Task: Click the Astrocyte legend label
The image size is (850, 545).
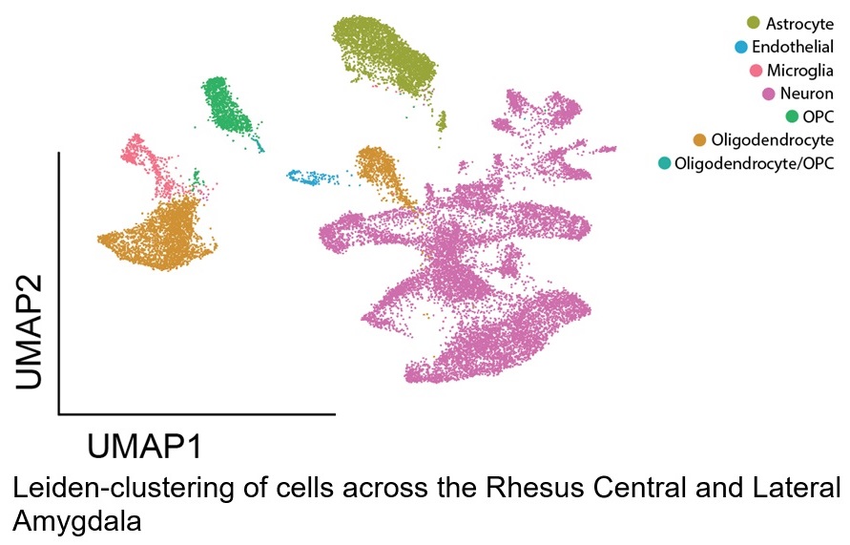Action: [x=799, y=24]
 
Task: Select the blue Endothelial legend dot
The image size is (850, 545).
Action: [x=741, y=47]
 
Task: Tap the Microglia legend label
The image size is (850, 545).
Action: [x=799, y=71]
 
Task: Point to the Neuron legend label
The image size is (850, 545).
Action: [x=807, y=94]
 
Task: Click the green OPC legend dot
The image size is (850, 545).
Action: [x=792, y=116]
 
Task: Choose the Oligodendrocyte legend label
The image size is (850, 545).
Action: [x=773, y=140]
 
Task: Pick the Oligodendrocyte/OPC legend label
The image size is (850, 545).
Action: [x=754, y=163]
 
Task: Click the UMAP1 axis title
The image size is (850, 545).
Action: [x=144, y=447]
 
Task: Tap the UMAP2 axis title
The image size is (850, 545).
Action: [x=29, y=332]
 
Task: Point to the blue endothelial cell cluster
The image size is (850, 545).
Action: [x=311, y=178]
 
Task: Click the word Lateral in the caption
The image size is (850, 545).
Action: [x=796, y=488]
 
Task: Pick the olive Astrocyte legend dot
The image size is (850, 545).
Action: [x=754, y=23]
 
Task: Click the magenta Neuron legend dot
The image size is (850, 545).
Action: [x=769, y=94]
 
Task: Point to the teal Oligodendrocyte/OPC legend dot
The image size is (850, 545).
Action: [x=665, y=163]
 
